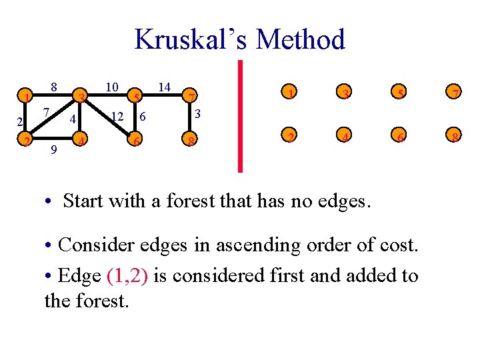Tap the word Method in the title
300,39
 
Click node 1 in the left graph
25,98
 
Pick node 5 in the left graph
135,98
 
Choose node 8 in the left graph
191,141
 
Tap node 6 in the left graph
135,141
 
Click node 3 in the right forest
344,93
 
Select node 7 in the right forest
453,93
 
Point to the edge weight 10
112,87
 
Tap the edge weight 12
117,117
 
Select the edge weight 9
53,151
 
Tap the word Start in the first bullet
85,200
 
